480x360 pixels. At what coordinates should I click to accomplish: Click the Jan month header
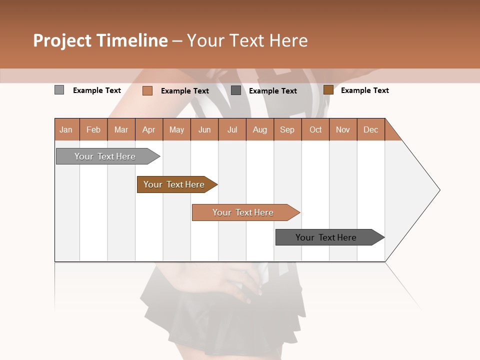[66, 129]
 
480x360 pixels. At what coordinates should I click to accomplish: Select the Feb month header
[93, 129]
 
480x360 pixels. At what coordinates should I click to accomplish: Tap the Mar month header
[121, 129]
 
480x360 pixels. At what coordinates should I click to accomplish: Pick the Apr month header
[149, 129]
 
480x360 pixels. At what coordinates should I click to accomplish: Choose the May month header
[176, 129]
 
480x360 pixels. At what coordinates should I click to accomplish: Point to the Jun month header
[204, 129]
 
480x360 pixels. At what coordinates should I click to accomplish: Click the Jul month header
[232, 129]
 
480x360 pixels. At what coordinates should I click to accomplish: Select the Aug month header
[260, 129]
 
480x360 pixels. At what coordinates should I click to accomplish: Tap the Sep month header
[287, 129]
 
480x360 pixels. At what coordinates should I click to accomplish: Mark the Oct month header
[315, 129]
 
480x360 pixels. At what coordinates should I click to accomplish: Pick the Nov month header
[343, 129]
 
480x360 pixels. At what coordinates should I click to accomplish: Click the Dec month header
[371, 129]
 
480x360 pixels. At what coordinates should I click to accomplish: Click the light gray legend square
[59, 90]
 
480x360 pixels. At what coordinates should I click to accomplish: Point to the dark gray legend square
[236, 90]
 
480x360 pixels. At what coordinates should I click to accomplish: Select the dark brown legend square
[328, 90]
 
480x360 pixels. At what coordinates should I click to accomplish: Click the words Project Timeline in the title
[100, 40]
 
